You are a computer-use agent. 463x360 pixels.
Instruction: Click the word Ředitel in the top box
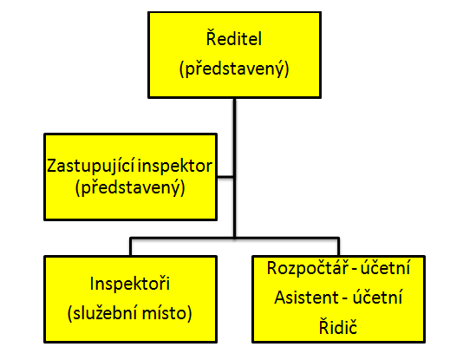click(234, 37)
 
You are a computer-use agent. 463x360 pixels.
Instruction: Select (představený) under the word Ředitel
click(234, 69)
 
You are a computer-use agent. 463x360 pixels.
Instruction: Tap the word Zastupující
click(91, 167)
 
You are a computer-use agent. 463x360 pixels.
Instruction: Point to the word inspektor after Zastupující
click(175, 167)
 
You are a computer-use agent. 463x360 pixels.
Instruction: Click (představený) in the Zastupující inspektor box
click(130, 187)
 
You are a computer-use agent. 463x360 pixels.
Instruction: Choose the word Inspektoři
click(130, 283)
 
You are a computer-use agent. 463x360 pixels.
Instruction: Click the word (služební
click(101, 313)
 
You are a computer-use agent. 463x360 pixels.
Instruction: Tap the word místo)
click(166, 313)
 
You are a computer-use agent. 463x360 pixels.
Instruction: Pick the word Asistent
click(306, 297)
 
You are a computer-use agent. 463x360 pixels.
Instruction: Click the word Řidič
click(338, 326)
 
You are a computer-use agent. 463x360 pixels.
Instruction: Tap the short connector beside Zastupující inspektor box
click(225, 177)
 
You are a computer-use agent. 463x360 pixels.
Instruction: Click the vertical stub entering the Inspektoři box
click(131, 247)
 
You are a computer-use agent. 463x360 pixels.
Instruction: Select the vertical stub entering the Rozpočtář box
click(338, 247)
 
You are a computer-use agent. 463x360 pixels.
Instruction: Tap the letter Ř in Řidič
click(324, 326)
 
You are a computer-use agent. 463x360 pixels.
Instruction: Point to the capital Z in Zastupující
click(52, 167)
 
